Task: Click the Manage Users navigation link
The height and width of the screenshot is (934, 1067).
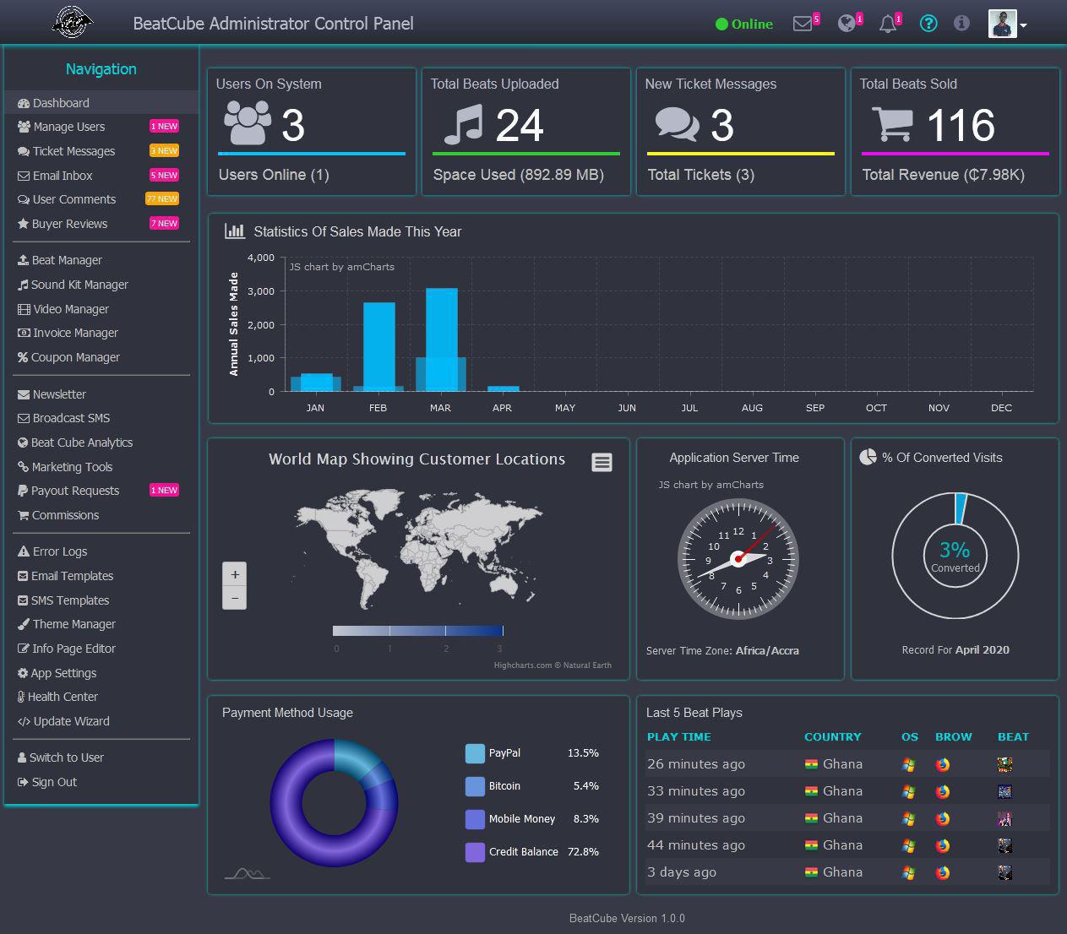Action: [x=68, y=127]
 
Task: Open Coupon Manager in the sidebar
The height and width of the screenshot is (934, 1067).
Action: [x=75, y=357]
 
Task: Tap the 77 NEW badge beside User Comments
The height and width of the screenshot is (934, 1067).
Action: [x=162, y=199]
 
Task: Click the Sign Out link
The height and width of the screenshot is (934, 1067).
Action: [x=54, y=782]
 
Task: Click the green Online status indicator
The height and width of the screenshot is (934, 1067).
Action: [x=743, y=24]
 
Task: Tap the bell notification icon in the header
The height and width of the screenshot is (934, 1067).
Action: [x=887, y=24]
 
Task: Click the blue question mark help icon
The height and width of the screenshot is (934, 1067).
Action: [x=928, y=24]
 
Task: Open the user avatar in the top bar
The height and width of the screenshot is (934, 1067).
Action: [x=1002, y=24]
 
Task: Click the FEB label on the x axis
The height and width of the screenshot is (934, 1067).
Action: [x=378, y=408]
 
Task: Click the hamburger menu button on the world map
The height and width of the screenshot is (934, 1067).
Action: [x=602, y=462]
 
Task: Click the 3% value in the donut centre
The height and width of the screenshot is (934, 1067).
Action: [x=955, y=550]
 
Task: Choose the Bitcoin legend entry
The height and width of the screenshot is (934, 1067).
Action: [x=504, y=786]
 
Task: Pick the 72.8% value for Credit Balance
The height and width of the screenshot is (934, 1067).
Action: [x=583, y=852]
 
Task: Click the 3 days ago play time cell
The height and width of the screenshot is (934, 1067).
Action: [x=682, y=872]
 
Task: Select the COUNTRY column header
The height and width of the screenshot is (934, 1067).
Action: [x=832, y=737]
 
